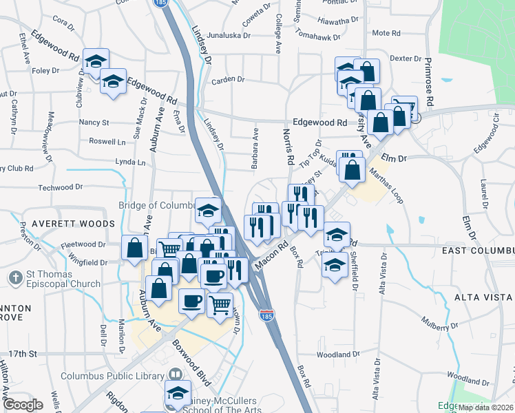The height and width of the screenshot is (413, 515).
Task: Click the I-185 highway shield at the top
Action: point(160,3)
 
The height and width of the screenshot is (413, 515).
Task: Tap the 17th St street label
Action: point(23,354)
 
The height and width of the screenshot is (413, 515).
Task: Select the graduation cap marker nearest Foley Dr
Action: point(96,61)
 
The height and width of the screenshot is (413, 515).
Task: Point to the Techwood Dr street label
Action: point(60,187)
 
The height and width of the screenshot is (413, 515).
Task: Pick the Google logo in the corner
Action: point(23,405)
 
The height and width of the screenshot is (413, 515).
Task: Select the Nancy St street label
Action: point(94,123)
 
